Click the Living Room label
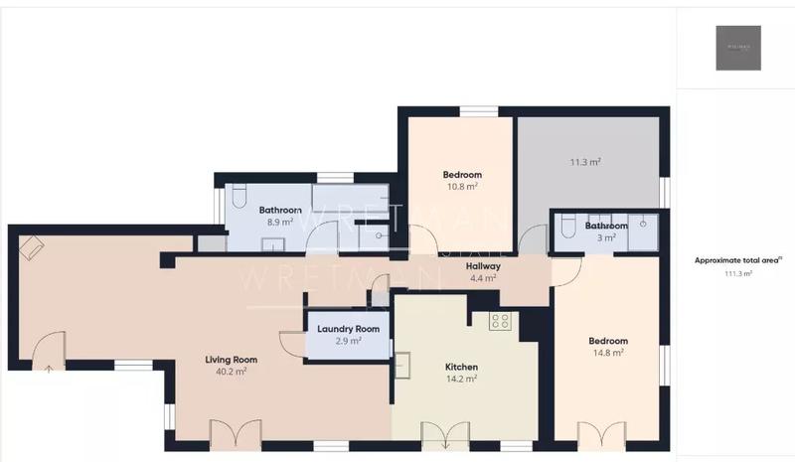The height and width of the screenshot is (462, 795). (x=232, y=360)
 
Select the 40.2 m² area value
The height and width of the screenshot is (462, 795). (x=232, y=372)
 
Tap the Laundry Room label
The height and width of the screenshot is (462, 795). (x=348, y=329)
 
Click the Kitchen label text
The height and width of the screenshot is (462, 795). (x=461, y=367)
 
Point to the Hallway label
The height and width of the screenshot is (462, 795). (x=483, y=266)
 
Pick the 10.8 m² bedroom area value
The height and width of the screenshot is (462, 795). (x=461, y=187)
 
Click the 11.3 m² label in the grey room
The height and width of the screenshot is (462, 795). (x=585, y=161)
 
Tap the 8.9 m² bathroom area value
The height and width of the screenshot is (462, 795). (x=280, y=223)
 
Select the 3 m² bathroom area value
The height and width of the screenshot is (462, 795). (x=606, y=237)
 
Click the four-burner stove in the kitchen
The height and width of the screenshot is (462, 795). (x=500, y=321)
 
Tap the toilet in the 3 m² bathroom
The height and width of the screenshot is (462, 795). (x=566, y=229)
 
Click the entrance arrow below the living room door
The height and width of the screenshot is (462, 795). (x=48, y=367)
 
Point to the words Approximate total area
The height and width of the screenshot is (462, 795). (x=735, y=260)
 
